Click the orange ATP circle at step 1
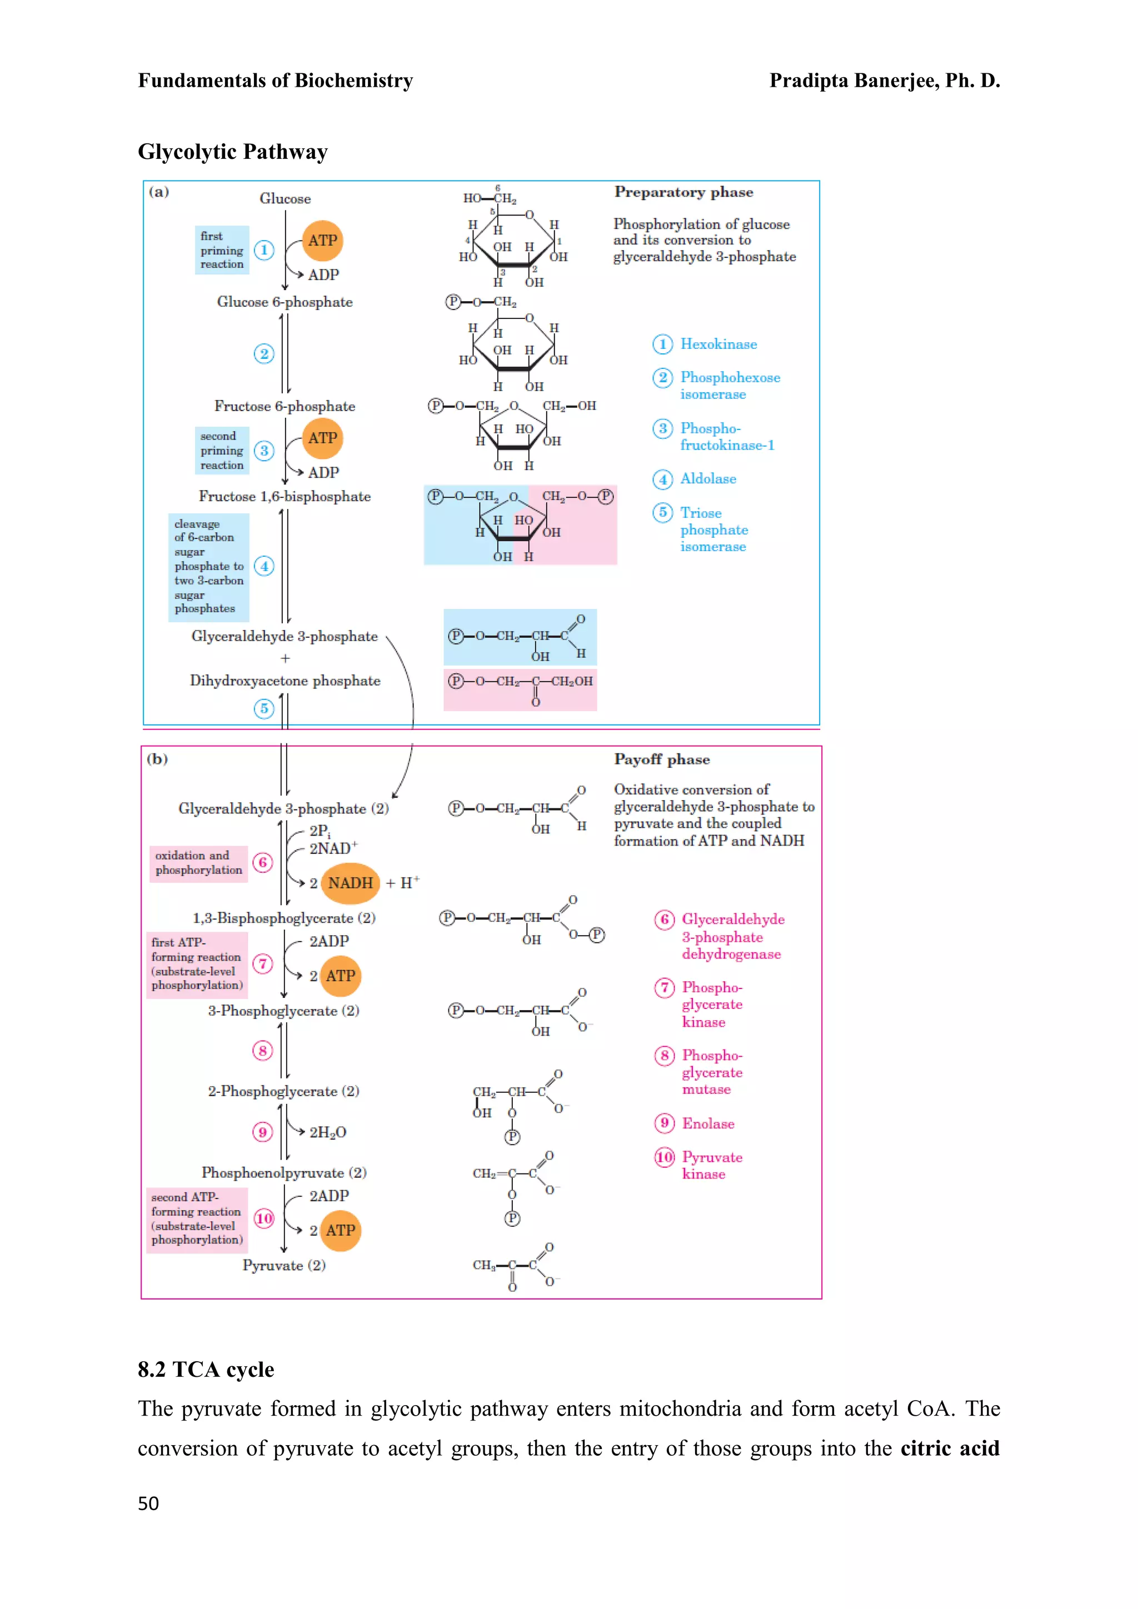coord(322,241)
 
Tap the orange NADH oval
coord(351,883)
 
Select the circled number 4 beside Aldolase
coord(662,479)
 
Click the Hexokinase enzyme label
coord(718,344)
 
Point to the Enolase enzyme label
coord(708,1123)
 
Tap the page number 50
coord(148,1503)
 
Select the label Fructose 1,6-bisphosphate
coord(284,496)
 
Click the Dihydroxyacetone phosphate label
coord(285,681)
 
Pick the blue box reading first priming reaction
coord(222,250)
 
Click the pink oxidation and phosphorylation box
coord(198,863)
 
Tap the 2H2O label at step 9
coord(328,1132)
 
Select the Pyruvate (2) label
coord(284,1265)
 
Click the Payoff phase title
coord(661,759)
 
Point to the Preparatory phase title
coord(683,192)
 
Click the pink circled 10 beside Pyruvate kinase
coord(665,1157)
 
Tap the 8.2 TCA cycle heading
coord(206,1370)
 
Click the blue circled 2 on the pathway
coord(263,353)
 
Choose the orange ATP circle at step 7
coord(341,976)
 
